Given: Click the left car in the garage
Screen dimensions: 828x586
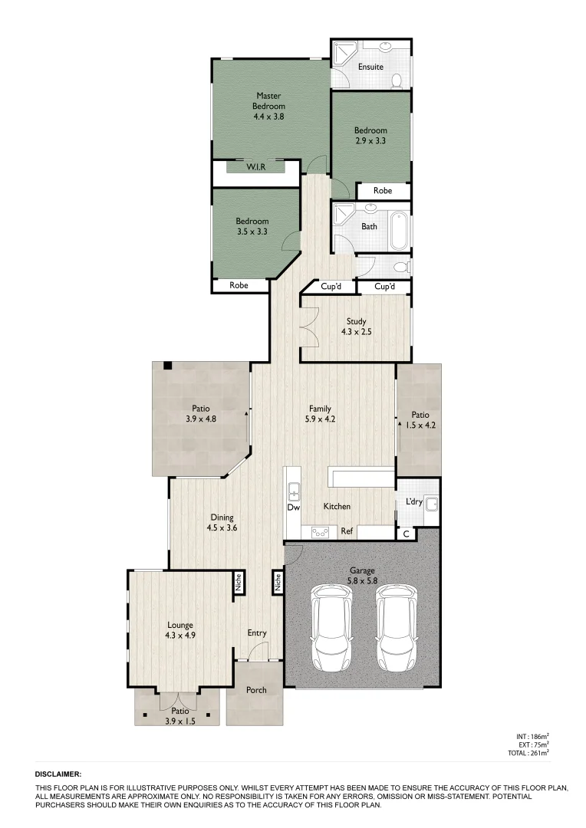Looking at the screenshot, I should click(x=331, y=627).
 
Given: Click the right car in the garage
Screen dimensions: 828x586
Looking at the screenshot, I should click(x=395, y=627).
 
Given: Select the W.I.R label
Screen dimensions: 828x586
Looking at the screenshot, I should click(x=255, y=167).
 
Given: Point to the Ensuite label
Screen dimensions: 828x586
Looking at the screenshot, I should click(x=370, y=67).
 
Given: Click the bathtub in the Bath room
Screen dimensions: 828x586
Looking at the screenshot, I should click(x=400, y=227).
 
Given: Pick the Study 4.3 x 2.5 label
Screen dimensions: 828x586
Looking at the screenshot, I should click(x=356, y=327).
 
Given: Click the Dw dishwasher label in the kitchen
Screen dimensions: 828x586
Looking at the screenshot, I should click(x=293, y=508).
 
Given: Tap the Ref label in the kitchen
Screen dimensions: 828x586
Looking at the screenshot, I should click(x=346, y=531).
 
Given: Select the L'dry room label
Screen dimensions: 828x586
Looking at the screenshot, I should click(x=413, y=503).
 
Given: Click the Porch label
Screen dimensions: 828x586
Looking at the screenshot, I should click(x=256, y=690).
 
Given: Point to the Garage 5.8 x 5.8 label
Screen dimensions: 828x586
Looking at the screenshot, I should click(x=362, y=576).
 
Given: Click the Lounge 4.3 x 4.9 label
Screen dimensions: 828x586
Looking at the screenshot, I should click(x=181, y=629).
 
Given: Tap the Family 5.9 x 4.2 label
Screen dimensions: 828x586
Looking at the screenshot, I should click(x=320, y=414).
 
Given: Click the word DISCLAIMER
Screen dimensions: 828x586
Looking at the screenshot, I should click(x=58, y=775).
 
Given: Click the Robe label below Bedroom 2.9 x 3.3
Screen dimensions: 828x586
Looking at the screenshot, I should click(x=382, y=191).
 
